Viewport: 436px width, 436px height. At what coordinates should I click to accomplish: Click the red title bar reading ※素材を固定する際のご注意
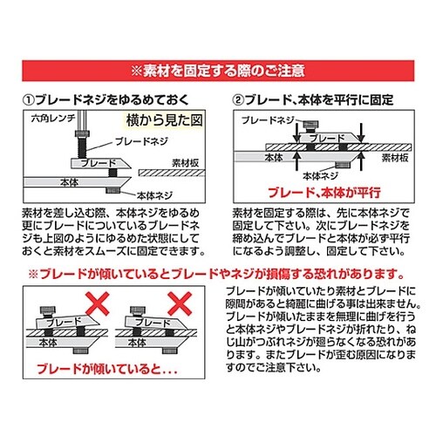pos(218,69)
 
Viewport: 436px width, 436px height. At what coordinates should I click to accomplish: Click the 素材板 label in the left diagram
pos(187,160)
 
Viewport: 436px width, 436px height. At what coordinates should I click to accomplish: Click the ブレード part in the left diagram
pos(94,162)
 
